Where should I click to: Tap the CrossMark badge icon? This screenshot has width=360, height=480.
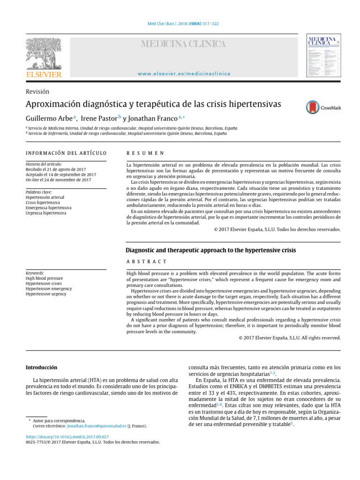pyautogui.click(x=312, y=107)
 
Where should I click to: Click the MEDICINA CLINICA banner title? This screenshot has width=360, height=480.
pyautogui.click(x=184, y=44)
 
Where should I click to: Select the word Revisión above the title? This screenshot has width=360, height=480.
pyautogui.click(x=37, y=92)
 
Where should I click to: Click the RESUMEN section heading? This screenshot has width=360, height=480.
pyautogui.click(x=145, y=153)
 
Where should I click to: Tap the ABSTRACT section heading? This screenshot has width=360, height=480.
pyautogui.click(x=147, y=261)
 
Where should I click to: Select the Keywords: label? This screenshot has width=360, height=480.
pyautogui.click(x=35, y=272)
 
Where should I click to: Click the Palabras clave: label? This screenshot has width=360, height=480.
pyautogui.click(x=38, y=192)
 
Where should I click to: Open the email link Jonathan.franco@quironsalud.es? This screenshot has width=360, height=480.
pyautogui.click(x=97, y=426)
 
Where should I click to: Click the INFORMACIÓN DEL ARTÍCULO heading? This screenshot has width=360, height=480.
pyautogui.click(x=66, y=153)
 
